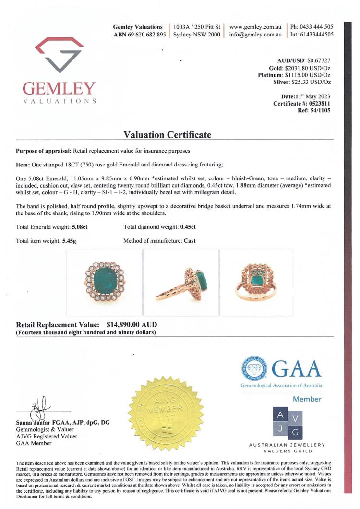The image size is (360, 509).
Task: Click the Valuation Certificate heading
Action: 167,135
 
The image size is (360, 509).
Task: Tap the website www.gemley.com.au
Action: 255,27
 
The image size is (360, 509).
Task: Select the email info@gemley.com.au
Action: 255,35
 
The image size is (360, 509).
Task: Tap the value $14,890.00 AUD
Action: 131,325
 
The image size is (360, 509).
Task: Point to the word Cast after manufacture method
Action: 190,241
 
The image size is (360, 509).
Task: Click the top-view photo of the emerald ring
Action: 104,283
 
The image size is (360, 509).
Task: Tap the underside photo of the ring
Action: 255,283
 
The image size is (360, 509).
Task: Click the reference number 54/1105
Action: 317,111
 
